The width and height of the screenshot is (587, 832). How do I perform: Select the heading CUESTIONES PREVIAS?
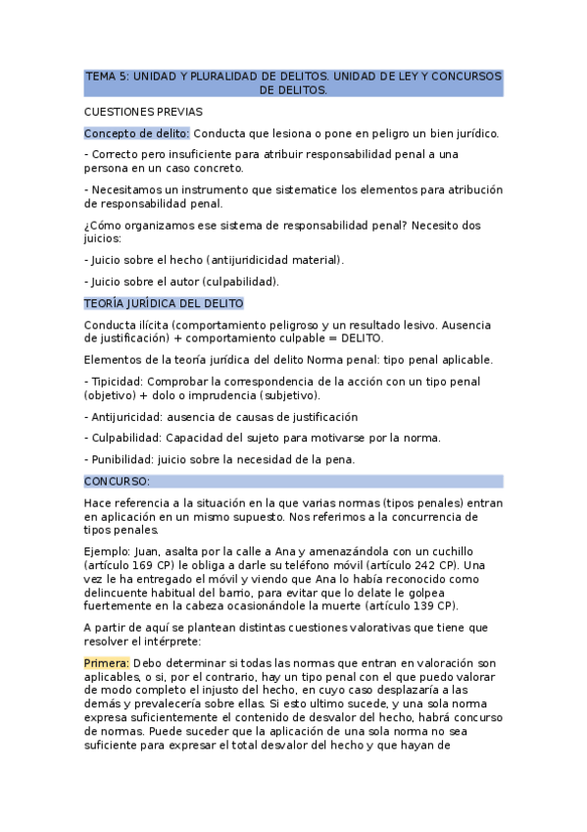(143, 112)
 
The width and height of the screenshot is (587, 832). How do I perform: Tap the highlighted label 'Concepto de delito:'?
(136, 133)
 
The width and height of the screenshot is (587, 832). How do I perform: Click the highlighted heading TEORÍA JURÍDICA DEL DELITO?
(164, 304)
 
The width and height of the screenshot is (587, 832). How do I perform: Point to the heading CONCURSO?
(117, 482)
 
